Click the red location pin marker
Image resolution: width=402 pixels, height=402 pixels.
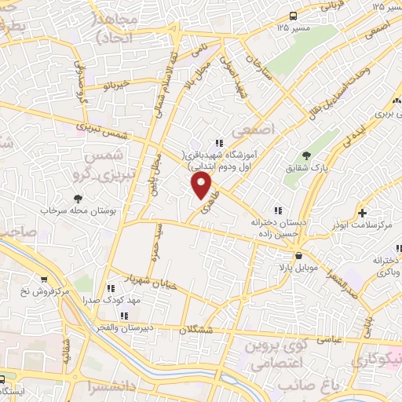203,185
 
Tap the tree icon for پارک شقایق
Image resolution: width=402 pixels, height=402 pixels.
305,155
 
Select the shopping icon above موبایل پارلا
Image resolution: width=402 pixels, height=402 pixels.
298,256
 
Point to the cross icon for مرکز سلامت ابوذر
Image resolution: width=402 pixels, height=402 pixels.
362,213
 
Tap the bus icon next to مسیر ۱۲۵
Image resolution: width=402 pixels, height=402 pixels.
292,15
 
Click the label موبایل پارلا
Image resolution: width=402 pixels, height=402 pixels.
291,269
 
